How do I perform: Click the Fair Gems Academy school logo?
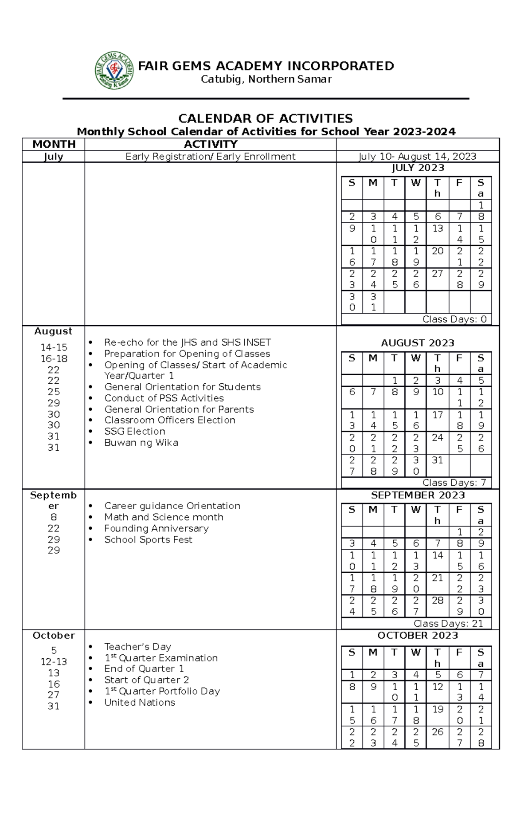(x=114, y=71)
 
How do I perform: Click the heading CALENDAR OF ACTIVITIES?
(x=265, y=118)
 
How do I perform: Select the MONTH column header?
(x=54, y=144)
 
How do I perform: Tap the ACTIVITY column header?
(x=211, y=144)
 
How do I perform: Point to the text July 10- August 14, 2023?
(x=417, y=157)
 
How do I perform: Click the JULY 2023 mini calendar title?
(x=418, y=168)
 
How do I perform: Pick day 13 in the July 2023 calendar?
(x=438, y=228)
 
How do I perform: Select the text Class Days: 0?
(x=454, y=319)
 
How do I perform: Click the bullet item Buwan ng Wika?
(x=141, y=443)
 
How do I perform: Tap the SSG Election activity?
(x=135, y=431)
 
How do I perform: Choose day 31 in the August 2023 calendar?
(x=438, y=460)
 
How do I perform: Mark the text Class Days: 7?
(x=454, y=483)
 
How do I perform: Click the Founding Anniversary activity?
(x=156, y=528)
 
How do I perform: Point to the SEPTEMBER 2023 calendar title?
(x=418, y=495)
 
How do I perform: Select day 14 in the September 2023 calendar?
(x=438, y=555)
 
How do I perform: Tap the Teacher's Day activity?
(x=137, y=647)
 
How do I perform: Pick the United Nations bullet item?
(x=139, y=703)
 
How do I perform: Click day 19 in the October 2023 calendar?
(x=438, y=709)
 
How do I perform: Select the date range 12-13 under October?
(x=54, y=662)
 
